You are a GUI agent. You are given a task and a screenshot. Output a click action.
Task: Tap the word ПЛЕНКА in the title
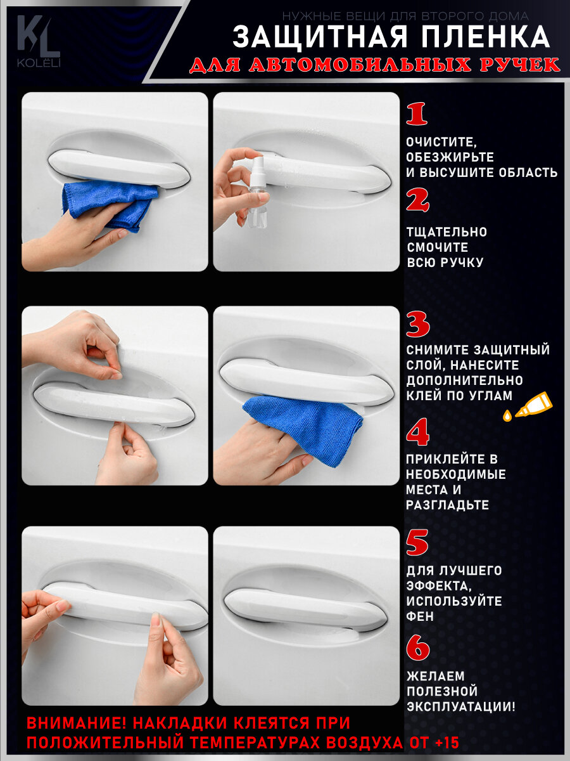[x=476, y=37]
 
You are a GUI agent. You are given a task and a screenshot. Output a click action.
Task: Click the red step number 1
[x=417, y=114]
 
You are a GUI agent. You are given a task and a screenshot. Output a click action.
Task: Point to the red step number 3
[x=418, y=325]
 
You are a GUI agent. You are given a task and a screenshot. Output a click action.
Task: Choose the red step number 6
[x=418, y=647]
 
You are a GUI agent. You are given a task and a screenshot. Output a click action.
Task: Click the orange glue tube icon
[x=528, y=407]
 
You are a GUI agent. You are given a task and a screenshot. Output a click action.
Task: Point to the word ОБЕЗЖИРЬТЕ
[x=450, y=157]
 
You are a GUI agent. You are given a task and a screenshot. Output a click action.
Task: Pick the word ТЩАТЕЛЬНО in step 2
[x=446, y=232]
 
